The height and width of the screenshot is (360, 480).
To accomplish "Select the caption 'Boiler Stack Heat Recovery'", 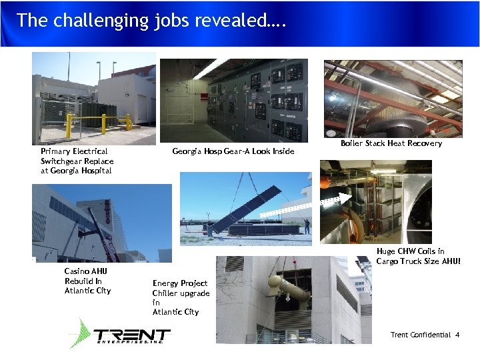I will point(391,143).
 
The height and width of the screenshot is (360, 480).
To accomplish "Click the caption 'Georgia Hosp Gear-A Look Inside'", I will point(233,151).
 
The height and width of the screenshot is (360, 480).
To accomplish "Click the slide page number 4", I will point(457,335).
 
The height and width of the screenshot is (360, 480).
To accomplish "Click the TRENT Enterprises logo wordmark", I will point(131,335).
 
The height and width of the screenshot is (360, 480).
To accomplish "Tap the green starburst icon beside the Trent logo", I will point(80,333).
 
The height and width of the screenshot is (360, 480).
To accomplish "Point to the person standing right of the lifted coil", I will point(307,225).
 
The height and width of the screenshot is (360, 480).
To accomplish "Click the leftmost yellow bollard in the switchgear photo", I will point(68,122).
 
